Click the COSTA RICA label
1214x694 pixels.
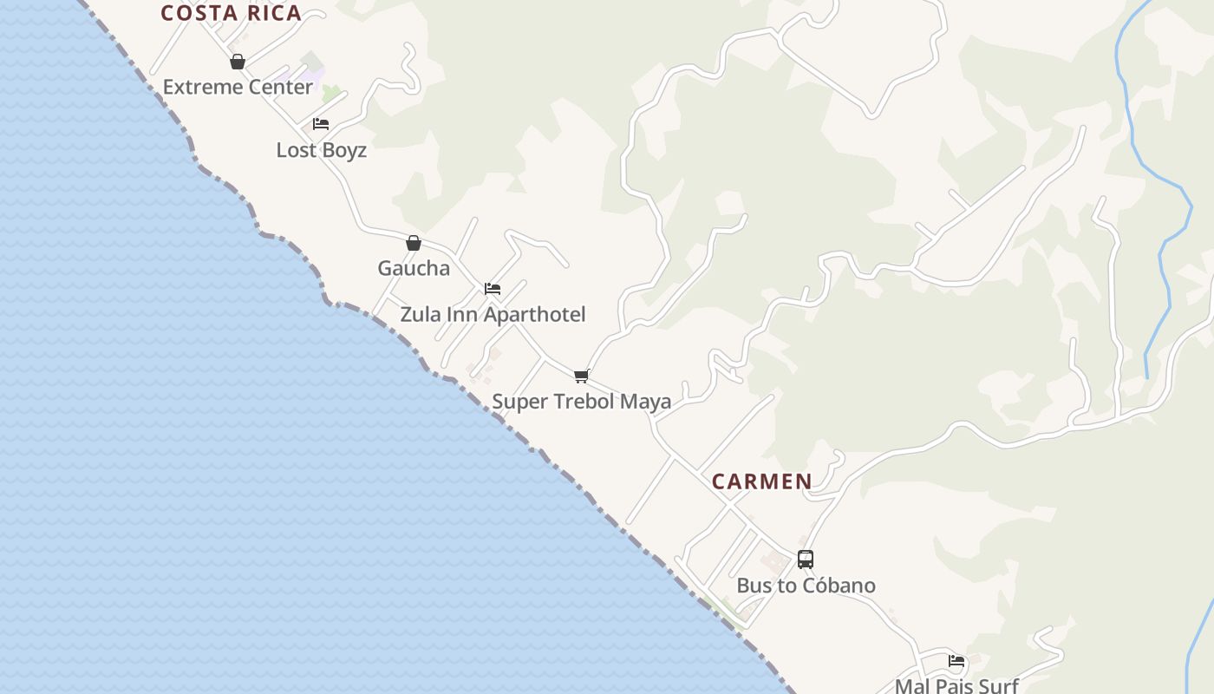[231, 13]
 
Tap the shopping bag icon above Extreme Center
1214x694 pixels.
[238, 62]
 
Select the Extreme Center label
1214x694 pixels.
[238, 87]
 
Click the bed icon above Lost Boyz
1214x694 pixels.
[321, 124]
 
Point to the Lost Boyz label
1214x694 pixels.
[321, 150]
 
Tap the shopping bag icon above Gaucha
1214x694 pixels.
[414, 243]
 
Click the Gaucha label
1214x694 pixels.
[414, 268]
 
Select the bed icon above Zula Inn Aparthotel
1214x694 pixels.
[493, 289]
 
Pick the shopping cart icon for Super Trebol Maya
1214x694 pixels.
[582, 376]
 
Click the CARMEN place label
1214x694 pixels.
[762, 481]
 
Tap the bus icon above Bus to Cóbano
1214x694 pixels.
[806, 560]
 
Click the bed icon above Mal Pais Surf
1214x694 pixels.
[956, 661]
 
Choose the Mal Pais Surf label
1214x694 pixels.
[956, 685]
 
